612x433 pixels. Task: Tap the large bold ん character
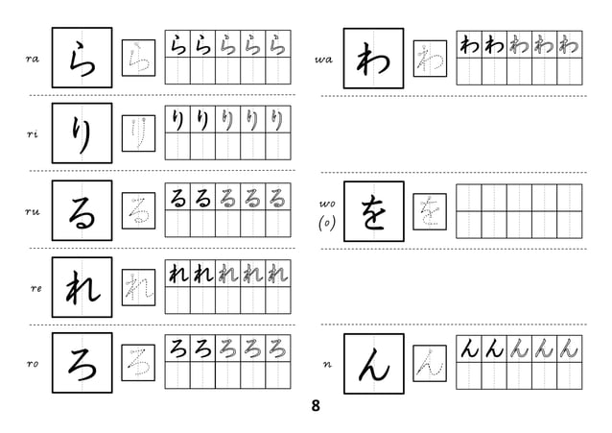click(x=373, y=363)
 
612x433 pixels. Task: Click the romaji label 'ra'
click(x=32, y=60)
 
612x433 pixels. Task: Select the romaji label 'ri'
click(x=32, y=135)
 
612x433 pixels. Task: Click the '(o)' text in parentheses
click(x=326, y=224)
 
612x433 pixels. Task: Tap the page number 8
click(x=316, y=405)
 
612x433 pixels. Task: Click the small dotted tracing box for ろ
click(x=138, y=362)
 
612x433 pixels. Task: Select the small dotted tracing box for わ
click(x=429, y=59)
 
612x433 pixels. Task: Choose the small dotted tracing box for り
click(x=138, y=134)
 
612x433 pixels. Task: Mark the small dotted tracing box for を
click(x=429, y=211)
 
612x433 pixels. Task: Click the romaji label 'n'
click(x=327, y=365)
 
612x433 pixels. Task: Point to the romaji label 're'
click(x=35, y=288)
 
